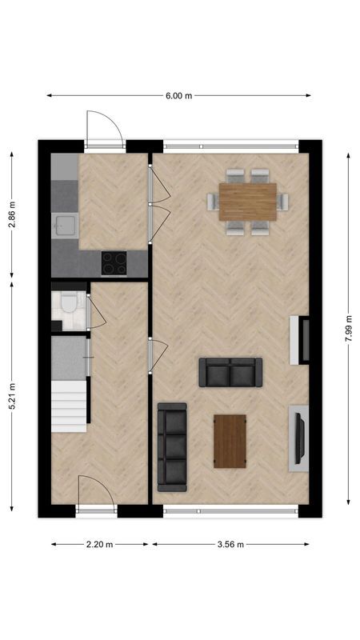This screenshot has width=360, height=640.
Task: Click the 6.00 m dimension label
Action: (179, 96)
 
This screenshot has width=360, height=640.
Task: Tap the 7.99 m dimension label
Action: (349, 328)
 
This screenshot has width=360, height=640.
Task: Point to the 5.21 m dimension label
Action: (11, 397)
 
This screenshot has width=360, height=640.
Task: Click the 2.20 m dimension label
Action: (99, 545)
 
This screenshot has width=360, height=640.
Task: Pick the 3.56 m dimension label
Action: (230, 545)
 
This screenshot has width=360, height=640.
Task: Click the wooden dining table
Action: (248, 202)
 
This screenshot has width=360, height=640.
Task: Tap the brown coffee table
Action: (230, 441)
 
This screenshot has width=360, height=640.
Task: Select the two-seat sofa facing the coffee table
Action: (230, 372)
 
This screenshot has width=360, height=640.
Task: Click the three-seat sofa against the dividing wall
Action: (172, 446)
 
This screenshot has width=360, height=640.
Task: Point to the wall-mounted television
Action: (300, 436)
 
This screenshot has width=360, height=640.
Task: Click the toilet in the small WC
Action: (68, 303)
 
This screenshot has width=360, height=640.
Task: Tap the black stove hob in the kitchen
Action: (114, 262)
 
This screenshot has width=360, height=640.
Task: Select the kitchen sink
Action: (64, 226)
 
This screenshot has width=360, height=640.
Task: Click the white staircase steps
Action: (69, 405)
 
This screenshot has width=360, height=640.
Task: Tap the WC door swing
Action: (96, 312)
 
